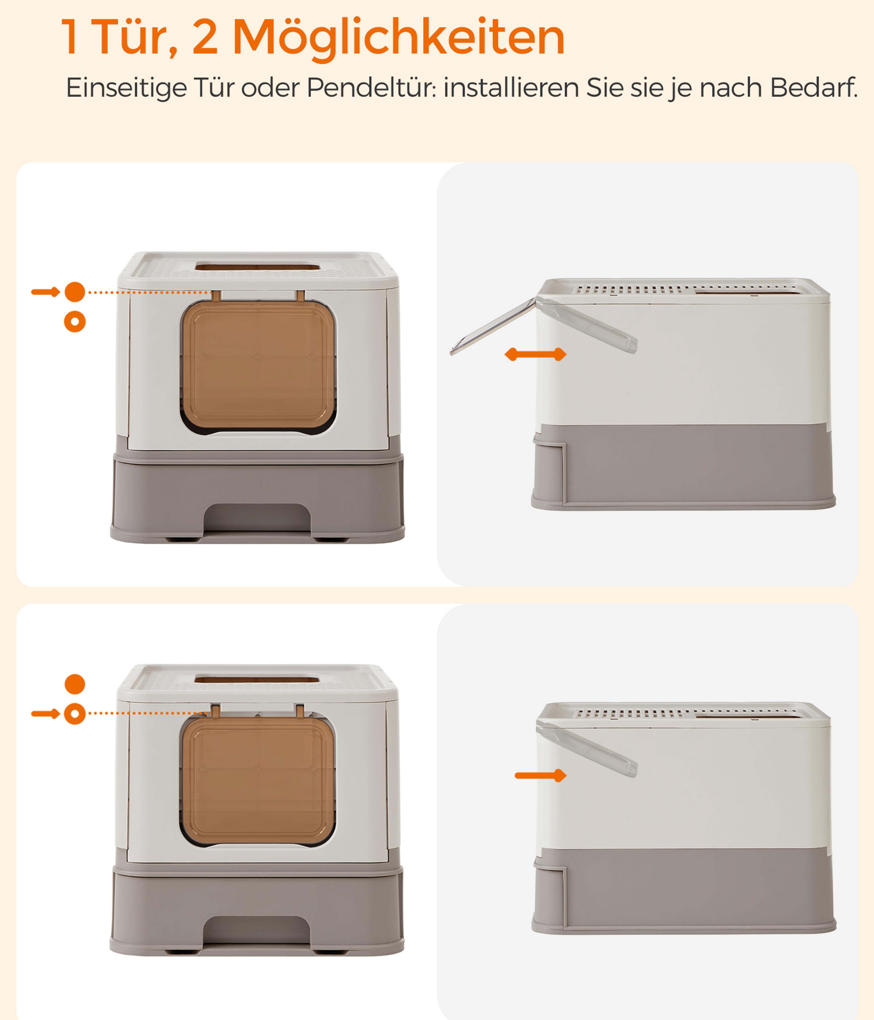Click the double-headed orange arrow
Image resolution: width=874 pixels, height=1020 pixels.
[x=535, y=354]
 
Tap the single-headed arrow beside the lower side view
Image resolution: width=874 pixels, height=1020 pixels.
[x=540, y=775]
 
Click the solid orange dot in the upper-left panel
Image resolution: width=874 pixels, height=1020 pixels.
[x=75, y=292]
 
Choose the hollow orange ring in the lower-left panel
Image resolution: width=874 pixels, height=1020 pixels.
[x=75, y=714]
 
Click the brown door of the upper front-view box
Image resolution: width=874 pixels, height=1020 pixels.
[x=258, y=365]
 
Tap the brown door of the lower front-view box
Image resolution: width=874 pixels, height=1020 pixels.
[x=258, y=780]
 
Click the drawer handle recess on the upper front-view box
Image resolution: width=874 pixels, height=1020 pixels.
[x=257, y=518]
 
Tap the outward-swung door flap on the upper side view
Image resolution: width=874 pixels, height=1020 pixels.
[x=493, y=326]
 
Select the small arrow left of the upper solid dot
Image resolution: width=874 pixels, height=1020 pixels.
[x=45, y=292]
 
